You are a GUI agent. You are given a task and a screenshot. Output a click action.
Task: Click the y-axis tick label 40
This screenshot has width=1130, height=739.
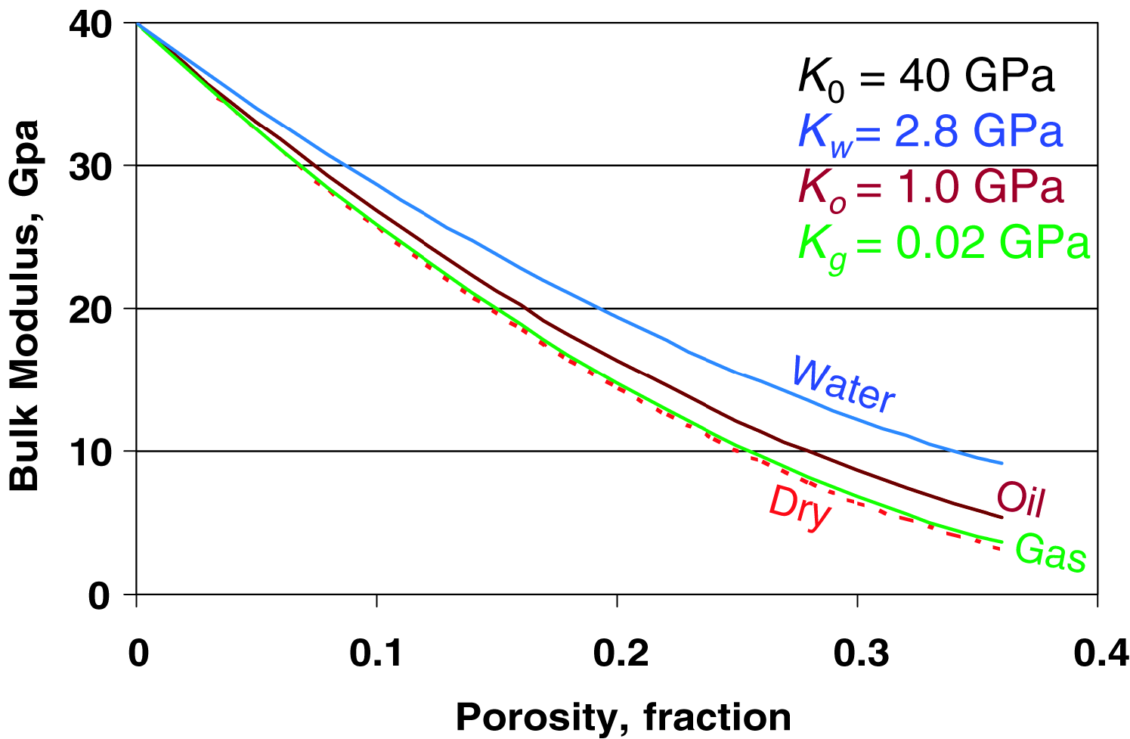91,24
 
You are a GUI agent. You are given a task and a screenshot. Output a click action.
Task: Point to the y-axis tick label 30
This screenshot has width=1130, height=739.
91,166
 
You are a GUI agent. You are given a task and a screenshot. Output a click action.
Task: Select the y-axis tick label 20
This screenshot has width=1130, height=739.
91,309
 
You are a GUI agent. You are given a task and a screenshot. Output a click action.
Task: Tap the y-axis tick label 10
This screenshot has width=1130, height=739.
91,452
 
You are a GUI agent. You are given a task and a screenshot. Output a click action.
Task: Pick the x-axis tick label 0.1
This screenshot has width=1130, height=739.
377,653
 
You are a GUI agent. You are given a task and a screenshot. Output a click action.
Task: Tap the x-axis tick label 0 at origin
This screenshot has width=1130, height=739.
138,653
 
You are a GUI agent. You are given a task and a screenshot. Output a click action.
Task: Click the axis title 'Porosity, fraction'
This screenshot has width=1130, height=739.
623,716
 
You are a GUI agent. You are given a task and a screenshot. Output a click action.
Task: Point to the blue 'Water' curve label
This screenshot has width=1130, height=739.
843,384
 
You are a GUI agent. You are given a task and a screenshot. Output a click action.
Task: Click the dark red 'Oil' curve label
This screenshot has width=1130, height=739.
1021,499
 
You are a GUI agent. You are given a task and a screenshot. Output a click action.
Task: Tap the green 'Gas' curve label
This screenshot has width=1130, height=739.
1051,553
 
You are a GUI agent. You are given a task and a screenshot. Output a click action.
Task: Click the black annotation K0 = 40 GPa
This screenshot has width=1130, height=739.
926,77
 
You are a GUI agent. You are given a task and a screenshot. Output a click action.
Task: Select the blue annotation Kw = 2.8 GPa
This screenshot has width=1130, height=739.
930,133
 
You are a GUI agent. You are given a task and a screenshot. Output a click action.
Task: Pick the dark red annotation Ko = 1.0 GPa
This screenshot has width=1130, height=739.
930,188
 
